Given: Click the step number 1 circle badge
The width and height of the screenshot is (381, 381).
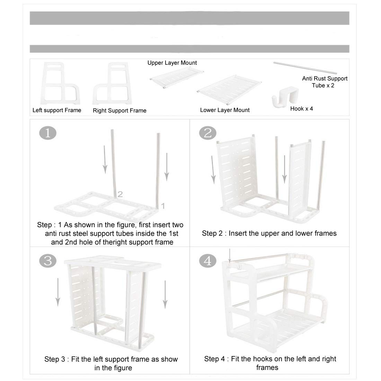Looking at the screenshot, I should (x=48, y=133).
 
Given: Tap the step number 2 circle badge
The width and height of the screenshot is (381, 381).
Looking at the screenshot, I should (x=208, y=133).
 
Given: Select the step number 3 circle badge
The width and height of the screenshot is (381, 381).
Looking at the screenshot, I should (x=48, y=261).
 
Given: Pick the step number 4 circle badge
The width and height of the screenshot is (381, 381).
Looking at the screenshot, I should (x=208, y=261).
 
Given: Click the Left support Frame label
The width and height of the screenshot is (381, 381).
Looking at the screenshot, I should (x=57, y=110).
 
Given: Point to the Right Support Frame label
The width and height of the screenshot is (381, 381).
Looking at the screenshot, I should (x=119, y=110).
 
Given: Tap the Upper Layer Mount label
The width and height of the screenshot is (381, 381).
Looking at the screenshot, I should (x=172, y=63).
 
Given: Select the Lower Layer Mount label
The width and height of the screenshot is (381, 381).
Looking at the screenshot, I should (x=225, y=110).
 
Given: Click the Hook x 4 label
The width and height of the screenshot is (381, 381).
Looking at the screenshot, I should (x=301, y=108).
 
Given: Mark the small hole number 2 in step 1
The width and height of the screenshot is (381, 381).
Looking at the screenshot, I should (x=120, y=194).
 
